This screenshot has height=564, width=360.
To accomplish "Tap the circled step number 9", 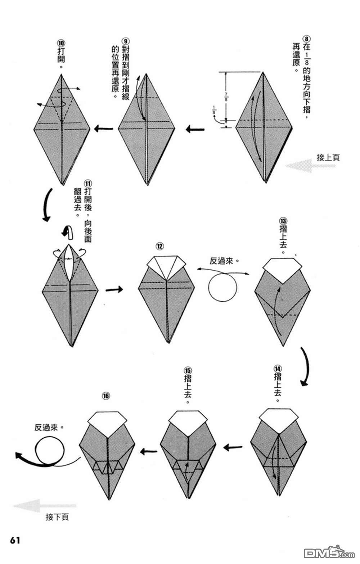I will pyautogui.click(x=125, y=41).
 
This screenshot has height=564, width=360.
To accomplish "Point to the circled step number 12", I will pyautogui.click(x=159, y=246).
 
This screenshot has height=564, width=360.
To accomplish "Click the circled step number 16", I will pyautogui.click(x=105, y=396).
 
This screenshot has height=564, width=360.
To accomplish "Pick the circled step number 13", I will pyautogui.click(x=283, y=220).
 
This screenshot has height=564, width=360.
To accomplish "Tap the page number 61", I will pyautogui.click(x=15, y=541).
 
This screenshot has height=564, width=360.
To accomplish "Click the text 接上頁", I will pyautogui.click(x=328, y=157).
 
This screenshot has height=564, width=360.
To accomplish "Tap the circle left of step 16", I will pyautogui.click(x=50, y=450).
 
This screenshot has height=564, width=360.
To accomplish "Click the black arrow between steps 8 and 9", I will pyautogui.click(x=195, y=129).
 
